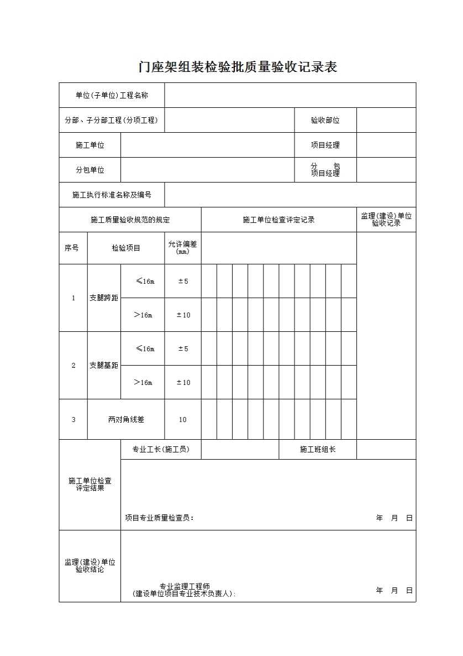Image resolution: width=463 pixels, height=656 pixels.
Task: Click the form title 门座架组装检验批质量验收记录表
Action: [238, 67]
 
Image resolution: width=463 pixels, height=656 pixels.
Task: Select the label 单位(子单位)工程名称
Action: [112, 95]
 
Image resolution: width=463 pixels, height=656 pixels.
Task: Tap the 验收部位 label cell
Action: [325, 120]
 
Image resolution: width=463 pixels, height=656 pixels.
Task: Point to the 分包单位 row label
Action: [90, 170]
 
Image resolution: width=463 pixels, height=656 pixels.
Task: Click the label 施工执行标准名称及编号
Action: [112, 195]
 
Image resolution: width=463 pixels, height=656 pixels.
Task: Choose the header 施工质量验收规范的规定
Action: [130, 220]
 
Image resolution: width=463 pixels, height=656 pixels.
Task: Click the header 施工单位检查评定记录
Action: [278, 220]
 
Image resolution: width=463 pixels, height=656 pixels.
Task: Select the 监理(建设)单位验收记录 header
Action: [386, 220]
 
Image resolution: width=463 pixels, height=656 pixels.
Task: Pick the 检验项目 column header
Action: [126, 248]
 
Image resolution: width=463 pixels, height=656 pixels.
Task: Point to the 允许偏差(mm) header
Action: [182, 248]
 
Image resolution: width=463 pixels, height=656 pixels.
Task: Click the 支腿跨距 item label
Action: [104, 298]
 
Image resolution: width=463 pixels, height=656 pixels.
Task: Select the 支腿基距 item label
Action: [104, 365]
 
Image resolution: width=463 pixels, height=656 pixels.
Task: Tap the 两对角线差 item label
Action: [126, 419]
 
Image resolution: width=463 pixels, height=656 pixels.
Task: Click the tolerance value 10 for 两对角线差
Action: [182, 419]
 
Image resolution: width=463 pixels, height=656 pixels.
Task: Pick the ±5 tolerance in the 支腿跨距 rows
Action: [182, 281]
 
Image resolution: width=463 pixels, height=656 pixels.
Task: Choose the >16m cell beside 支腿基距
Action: [143, 382]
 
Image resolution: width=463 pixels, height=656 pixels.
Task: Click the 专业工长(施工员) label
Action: [160, 449]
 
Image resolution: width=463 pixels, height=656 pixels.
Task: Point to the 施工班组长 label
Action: [318, 449]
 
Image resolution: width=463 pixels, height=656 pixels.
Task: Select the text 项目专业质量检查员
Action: [159, 518]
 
